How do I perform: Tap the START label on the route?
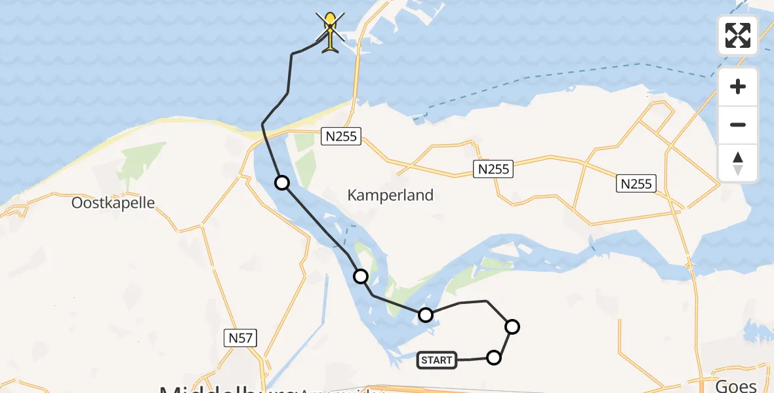(436, 360)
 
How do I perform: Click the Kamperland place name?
(390, 195)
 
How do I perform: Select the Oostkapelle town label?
(113, 202)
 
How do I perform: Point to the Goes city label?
(738, 385)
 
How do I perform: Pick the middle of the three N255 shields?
(493, 169)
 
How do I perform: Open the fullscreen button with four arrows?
(738, 35)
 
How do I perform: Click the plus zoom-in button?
(738, 86)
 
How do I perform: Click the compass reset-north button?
(738, 162)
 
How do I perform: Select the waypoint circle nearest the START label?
(494, 357)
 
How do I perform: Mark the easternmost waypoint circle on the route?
(512, 326)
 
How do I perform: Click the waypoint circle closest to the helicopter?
(282, 183)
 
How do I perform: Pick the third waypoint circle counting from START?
(426, 316)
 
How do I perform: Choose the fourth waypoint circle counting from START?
(361, 276)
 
